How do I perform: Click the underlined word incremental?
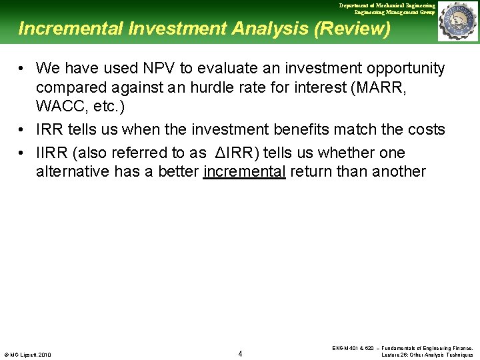(x=245, y=171)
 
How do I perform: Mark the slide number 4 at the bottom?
(x=240, y=353)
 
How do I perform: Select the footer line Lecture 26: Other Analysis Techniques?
(x=427, y=355)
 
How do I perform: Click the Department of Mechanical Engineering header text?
(x=387, y=5)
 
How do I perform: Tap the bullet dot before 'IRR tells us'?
(x=23, y=129)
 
